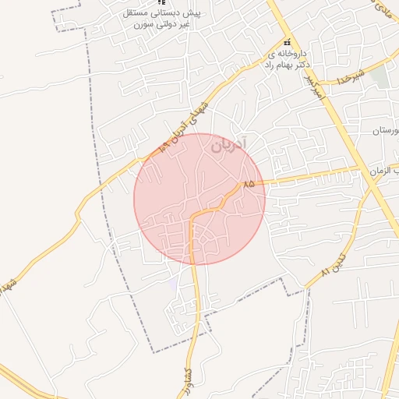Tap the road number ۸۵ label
coord(249,184)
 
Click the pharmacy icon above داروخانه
coord(288,42)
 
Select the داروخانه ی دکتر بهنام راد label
coord(287,60)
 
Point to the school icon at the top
coord(161,4)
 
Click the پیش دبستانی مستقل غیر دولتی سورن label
coord(161,19)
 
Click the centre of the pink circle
coord(199,199)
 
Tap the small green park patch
coord(380,76)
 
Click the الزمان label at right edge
coord(386,171)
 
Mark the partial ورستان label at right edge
coord(387,130)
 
